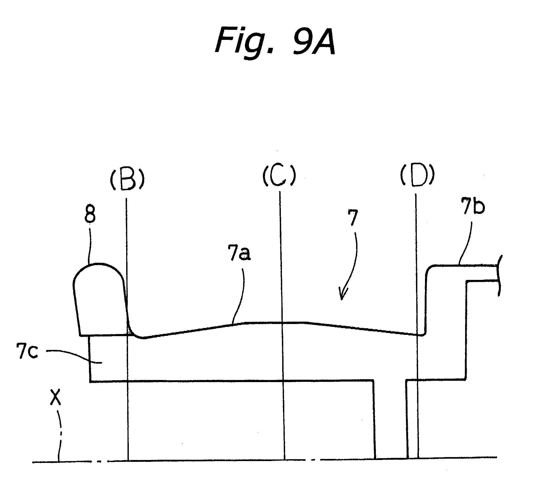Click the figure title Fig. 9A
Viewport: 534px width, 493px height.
coord(275,41)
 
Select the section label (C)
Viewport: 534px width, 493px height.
coord(279,175)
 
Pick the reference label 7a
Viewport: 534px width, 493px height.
coord(239,253)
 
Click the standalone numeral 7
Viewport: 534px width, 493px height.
coord(353,218)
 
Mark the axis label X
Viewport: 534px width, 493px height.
coord(55,397)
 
